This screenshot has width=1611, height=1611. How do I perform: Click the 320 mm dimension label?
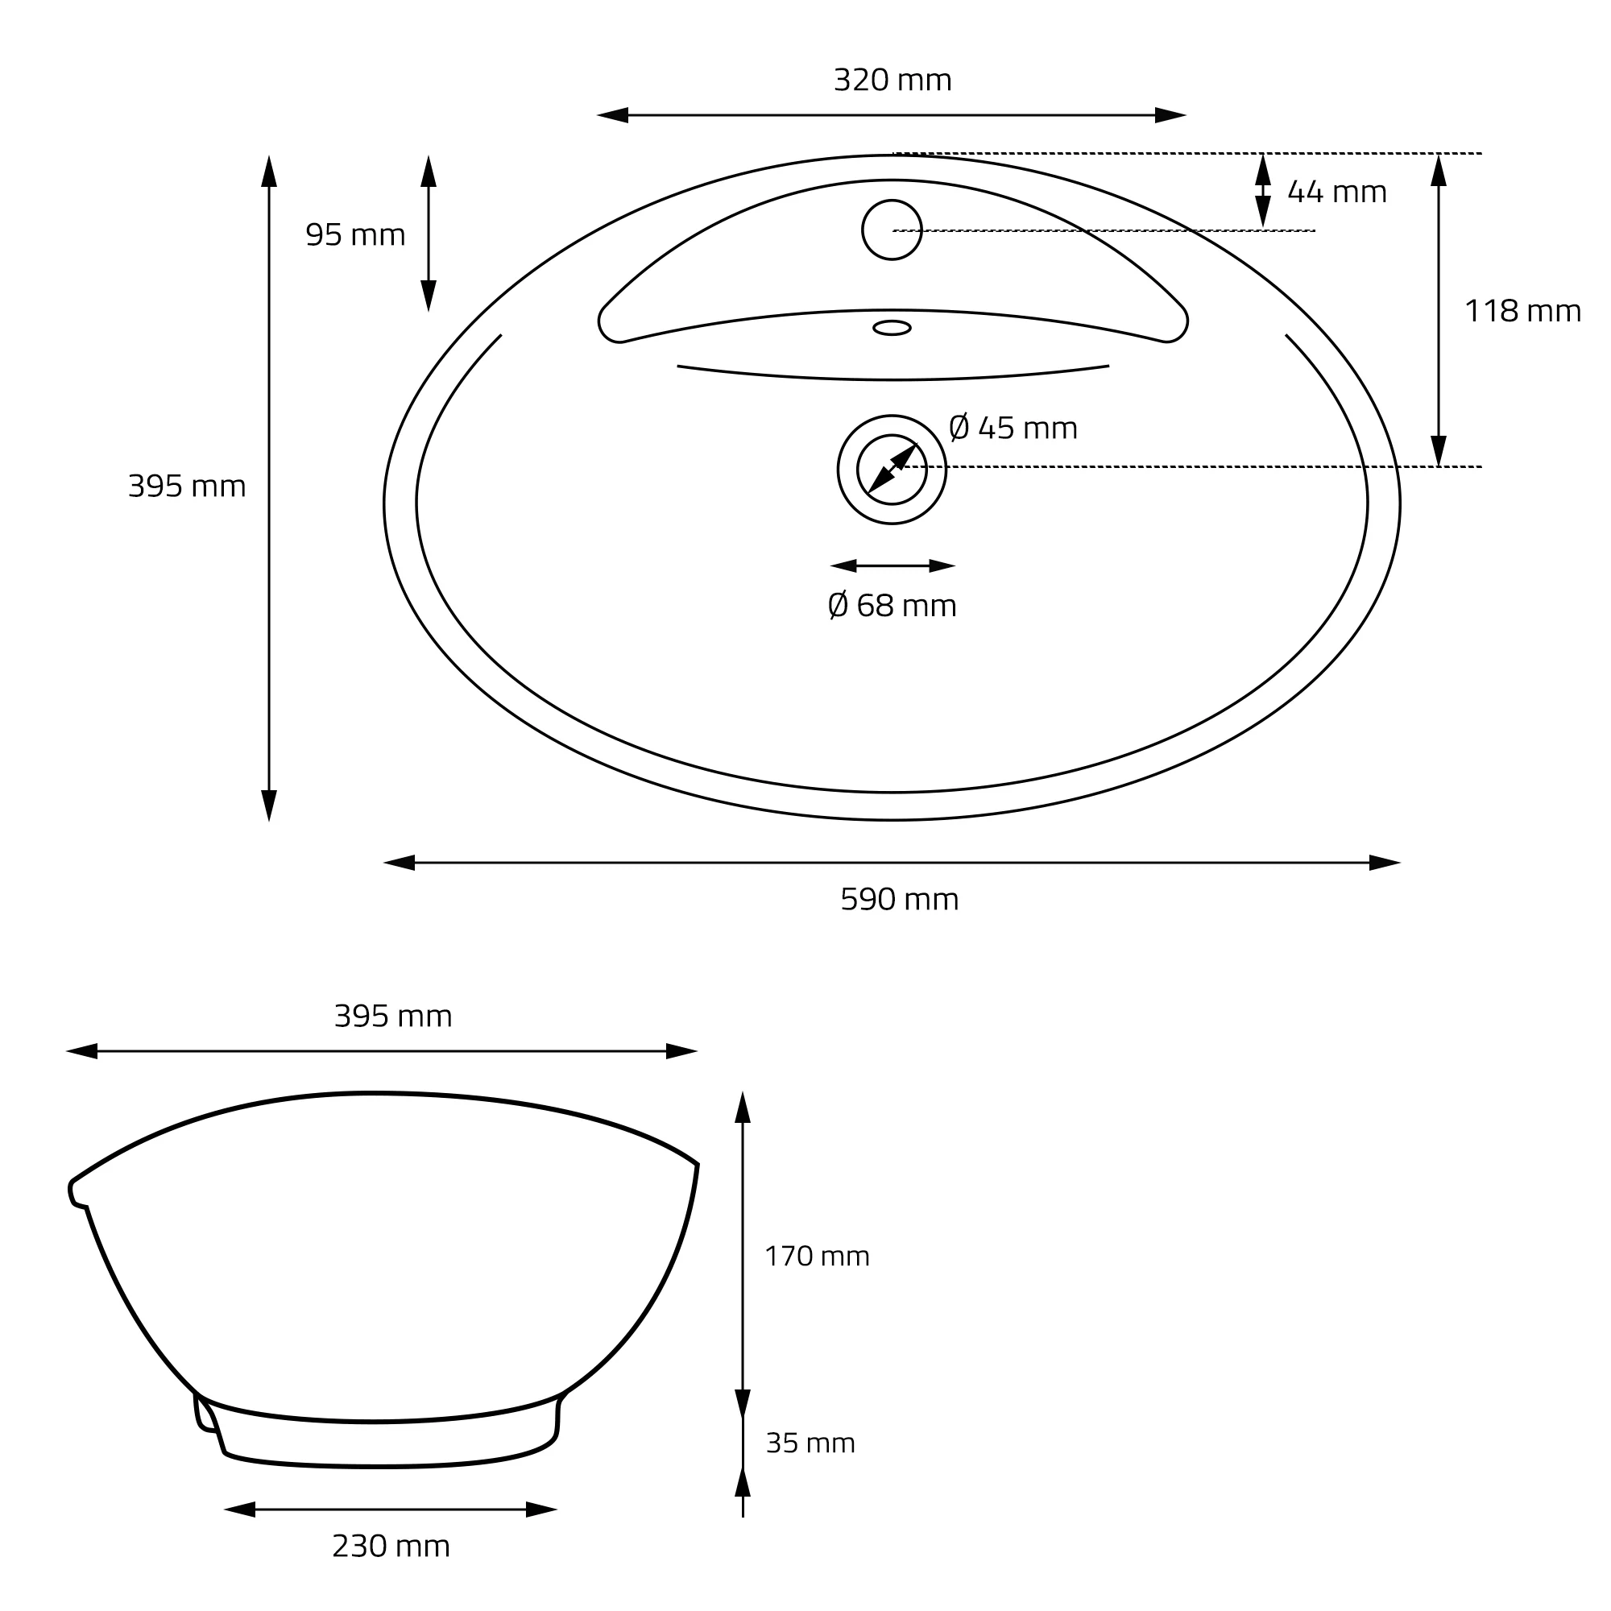click(892, 80)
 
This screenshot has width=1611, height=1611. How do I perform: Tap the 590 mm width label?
click(899, 900)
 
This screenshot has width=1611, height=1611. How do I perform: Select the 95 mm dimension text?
click(355, 235)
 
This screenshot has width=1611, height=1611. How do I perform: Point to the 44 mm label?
click(1336, 193)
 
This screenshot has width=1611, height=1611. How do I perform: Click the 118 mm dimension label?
click(1522, 312)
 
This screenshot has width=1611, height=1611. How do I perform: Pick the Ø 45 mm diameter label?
click(1013, 429)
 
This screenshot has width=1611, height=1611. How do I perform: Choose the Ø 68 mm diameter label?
click(892, 606)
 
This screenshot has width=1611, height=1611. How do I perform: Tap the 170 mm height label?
click(817, 1256)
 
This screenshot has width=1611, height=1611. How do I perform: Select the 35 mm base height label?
click(810, 1443)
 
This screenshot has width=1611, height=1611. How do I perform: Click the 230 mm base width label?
click(391, 1547)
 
